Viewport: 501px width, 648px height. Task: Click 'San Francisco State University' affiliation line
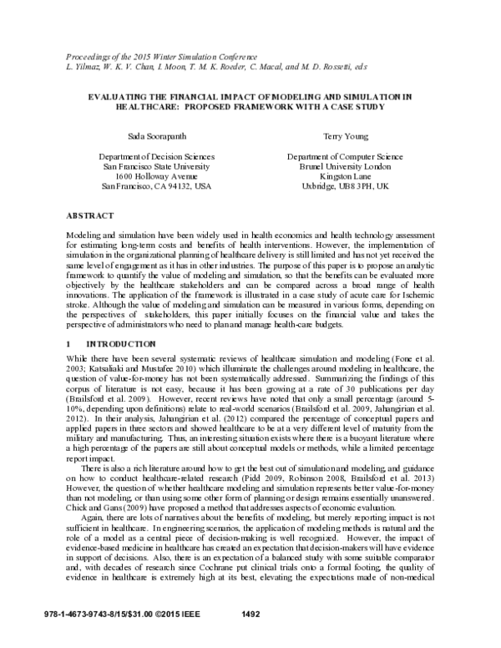(156, 166)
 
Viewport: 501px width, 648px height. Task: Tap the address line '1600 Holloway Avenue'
(156, 176)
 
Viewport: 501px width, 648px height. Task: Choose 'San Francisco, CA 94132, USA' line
(156, 186)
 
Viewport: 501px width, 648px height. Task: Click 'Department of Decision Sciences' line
(156, 156)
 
